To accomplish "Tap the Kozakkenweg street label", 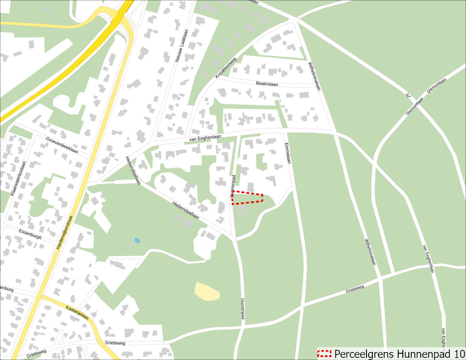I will [x=225, y=67].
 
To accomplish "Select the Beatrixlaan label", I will [x=267, y=84].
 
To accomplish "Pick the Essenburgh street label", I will [x=31, y=234].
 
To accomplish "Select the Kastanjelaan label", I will [x=77, y=311].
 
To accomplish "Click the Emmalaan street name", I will [x=288, y=153].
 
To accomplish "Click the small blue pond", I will [x=137, y=241].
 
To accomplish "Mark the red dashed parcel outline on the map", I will [x=247, y=197].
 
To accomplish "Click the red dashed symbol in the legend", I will [x=325, y=354].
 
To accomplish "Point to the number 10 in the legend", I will [x=458, y=354].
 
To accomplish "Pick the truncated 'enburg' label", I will [x=7, y=290].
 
